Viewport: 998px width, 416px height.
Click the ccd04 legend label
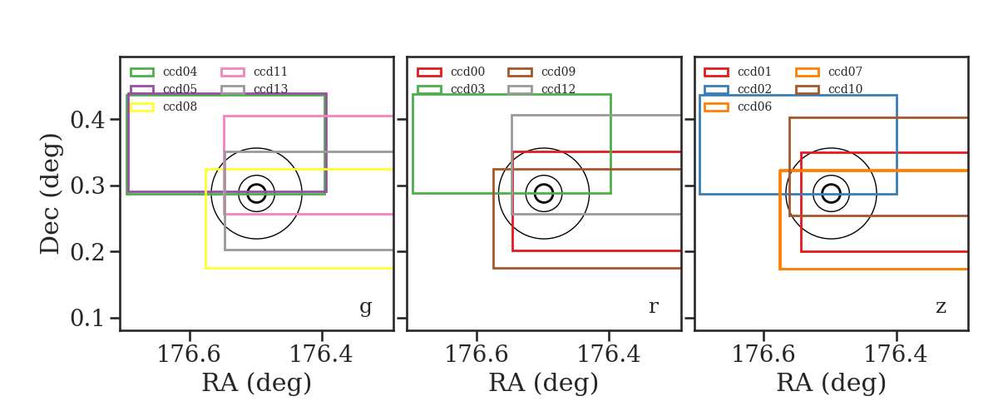(x=180, y=72)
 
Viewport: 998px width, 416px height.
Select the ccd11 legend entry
(x=270, y=72)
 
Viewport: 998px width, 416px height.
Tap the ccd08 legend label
(x=180, y=106)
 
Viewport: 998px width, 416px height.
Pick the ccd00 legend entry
(x=467, y=72)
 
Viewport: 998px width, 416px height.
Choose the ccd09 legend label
(x=558, y=72)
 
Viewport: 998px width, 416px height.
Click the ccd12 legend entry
(x=558, y=89)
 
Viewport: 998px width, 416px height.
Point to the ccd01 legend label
(x=754, y=72)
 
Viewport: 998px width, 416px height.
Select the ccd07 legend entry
(x=845, y=72)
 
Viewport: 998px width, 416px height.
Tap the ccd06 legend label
(x=754, y=106)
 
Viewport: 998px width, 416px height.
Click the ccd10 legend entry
(x=845, y=89)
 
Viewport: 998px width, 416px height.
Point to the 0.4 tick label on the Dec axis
(x=88, y=120)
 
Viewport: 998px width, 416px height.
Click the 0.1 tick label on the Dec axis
(x=88, y=319)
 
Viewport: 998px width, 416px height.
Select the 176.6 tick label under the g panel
(x=190, y=354)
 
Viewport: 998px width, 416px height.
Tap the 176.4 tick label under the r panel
(x=609, y=354)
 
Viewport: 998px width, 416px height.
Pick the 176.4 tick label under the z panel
(x=896, y=354)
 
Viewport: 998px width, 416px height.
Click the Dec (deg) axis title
(x=49, y=194)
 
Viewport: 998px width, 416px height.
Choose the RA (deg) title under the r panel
(x=544, y=383)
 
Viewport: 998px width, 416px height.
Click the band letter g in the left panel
(x=365, y=307)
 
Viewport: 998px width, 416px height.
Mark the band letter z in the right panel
(x=941, y=307)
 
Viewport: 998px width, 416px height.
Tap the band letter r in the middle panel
(x=653, y=307)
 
